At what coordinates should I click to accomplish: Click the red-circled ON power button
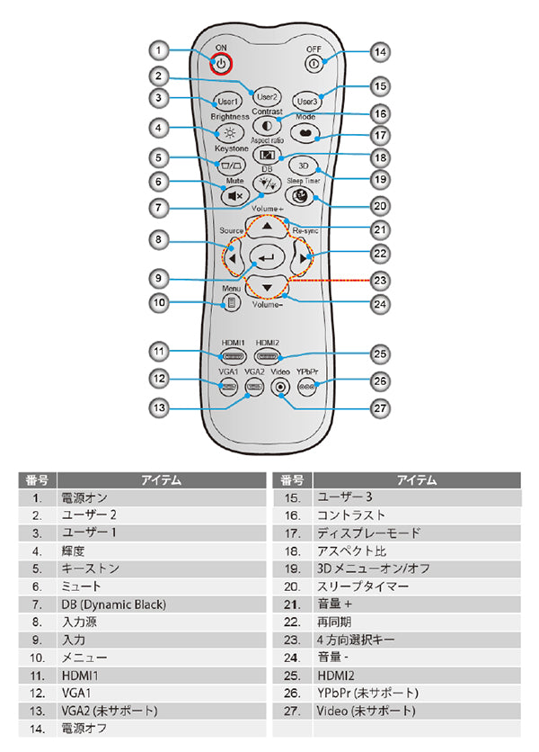tap(221, 64)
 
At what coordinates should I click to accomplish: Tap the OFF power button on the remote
tap(313, 64)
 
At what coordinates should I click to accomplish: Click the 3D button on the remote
tap(303, 167)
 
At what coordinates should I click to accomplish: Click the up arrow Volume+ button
tap(267, 228)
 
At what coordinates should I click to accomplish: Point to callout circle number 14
tap(380, 52)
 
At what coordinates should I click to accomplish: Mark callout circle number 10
tap(159, 303)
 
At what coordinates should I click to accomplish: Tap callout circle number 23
tap(380, 280)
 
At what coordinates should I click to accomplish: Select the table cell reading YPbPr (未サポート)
tap(367, 693)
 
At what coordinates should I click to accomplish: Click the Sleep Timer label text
tap(303, 181)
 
